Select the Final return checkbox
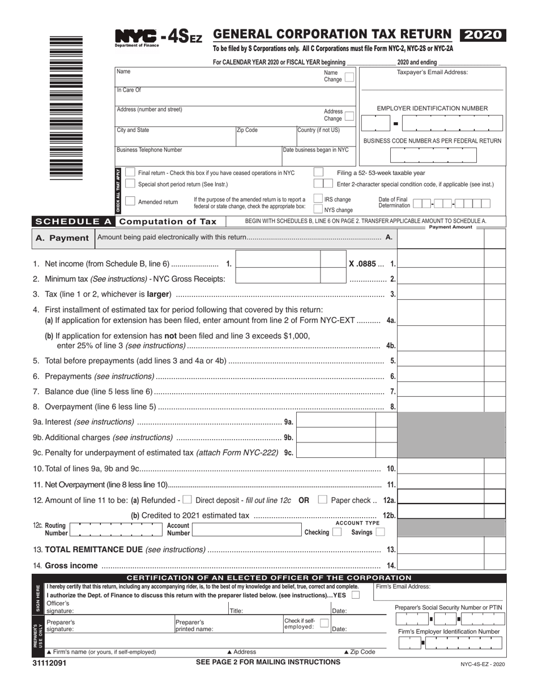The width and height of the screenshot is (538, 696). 130,173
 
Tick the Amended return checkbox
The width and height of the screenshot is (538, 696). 130,201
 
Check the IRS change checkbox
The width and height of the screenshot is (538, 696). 318,199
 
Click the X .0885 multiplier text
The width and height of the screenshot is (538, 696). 362,264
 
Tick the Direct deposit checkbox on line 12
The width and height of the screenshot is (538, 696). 187,500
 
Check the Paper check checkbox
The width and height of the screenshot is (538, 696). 322,500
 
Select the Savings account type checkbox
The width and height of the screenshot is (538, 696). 380,532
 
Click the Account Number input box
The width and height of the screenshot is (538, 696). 246,529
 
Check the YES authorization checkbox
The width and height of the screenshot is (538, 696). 355,595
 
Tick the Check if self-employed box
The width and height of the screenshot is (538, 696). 324,623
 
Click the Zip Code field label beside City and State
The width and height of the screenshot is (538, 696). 247,130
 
